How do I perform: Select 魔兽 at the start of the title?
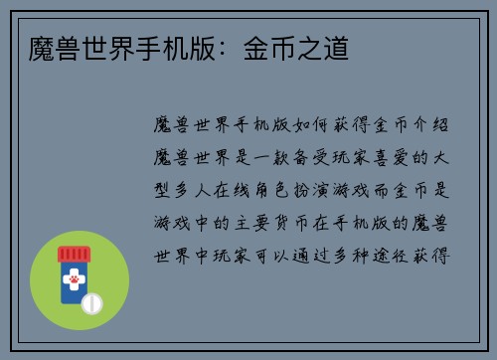pos(44,47)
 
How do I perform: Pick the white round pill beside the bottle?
pos(91,301)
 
